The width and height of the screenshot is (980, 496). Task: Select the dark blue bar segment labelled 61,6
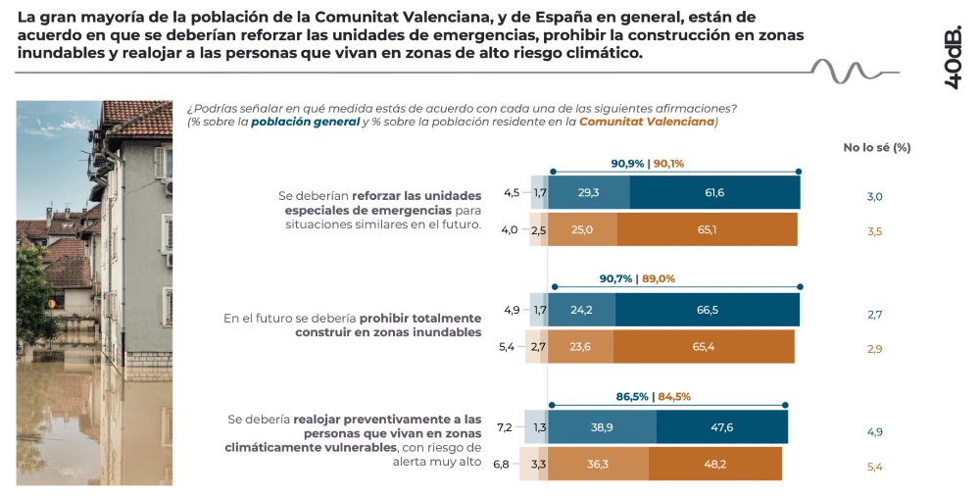pos(714,193)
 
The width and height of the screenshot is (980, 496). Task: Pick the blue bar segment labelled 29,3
pos(588,193)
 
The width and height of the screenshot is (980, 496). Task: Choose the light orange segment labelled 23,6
pos(580,346)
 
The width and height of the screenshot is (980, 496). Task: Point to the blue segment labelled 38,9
pos(602,427)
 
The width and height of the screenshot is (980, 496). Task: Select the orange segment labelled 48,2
pos(714,464)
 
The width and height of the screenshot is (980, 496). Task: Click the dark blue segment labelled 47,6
pos(721,427)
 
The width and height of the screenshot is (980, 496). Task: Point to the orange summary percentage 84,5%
pos(674,397)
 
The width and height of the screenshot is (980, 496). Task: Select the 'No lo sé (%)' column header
pos(877,148)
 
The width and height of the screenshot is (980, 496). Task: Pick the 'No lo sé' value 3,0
pos(875,197)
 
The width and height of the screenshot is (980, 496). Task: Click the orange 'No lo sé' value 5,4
pos(875,467)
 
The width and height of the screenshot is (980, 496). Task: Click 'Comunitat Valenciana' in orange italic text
pos(646,123)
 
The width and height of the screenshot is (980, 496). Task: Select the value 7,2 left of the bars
pos(506,427)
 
